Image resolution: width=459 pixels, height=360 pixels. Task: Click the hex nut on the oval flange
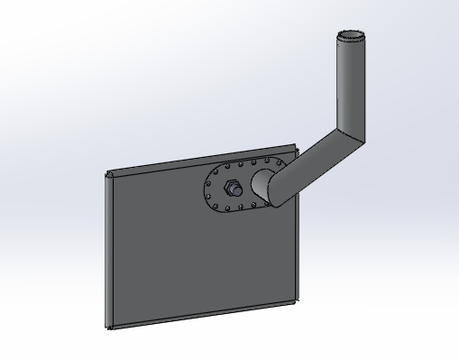pos(231,189)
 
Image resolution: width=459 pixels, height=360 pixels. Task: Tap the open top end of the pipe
pos(351,39)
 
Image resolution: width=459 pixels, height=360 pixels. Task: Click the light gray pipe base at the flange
pos(262,184)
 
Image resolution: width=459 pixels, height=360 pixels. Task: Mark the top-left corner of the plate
pos(108,173)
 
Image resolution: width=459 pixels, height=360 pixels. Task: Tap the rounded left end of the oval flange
pos(206,191)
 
